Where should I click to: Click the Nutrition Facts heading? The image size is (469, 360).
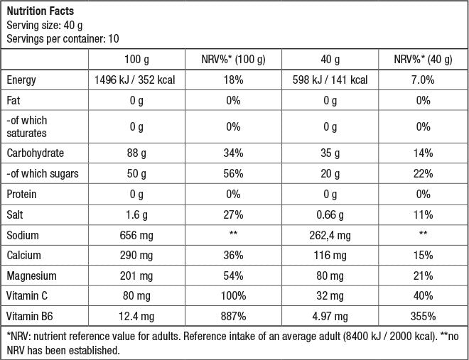(x=40, y=11)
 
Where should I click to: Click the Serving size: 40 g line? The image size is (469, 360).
(x=41, y=24)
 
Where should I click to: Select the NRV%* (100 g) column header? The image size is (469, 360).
(x=234, y=59)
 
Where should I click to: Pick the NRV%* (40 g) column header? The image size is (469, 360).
(x=425, y=59)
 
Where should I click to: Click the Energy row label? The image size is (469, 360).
(x=21, y=80)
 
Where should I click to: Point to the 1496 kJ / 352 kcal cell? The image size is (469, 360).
(x=134, y=80)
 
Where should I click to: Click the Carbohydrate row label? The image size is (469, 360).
(x=35, y=153)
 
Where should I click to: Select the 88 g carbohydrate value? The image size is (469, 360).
(x=134, y=153)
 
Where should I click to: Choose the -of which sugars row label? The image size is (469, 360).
(x=43, y=173)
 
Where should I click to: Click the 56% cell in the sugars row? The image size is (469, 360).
(x=234, y=173)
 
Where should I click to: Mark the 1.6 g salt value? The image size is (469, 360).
(x=134, y=214)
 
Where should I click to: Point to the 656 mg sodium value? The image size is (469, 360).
(x=134, y=234)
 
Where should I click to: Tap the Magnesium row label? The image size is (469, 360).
(x=31, y=276)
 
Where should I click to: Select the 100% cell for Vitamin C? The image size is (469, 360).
(x=234, y=295)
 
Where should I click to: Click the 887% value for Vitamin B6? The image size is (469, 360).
(x=234, y=316)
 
